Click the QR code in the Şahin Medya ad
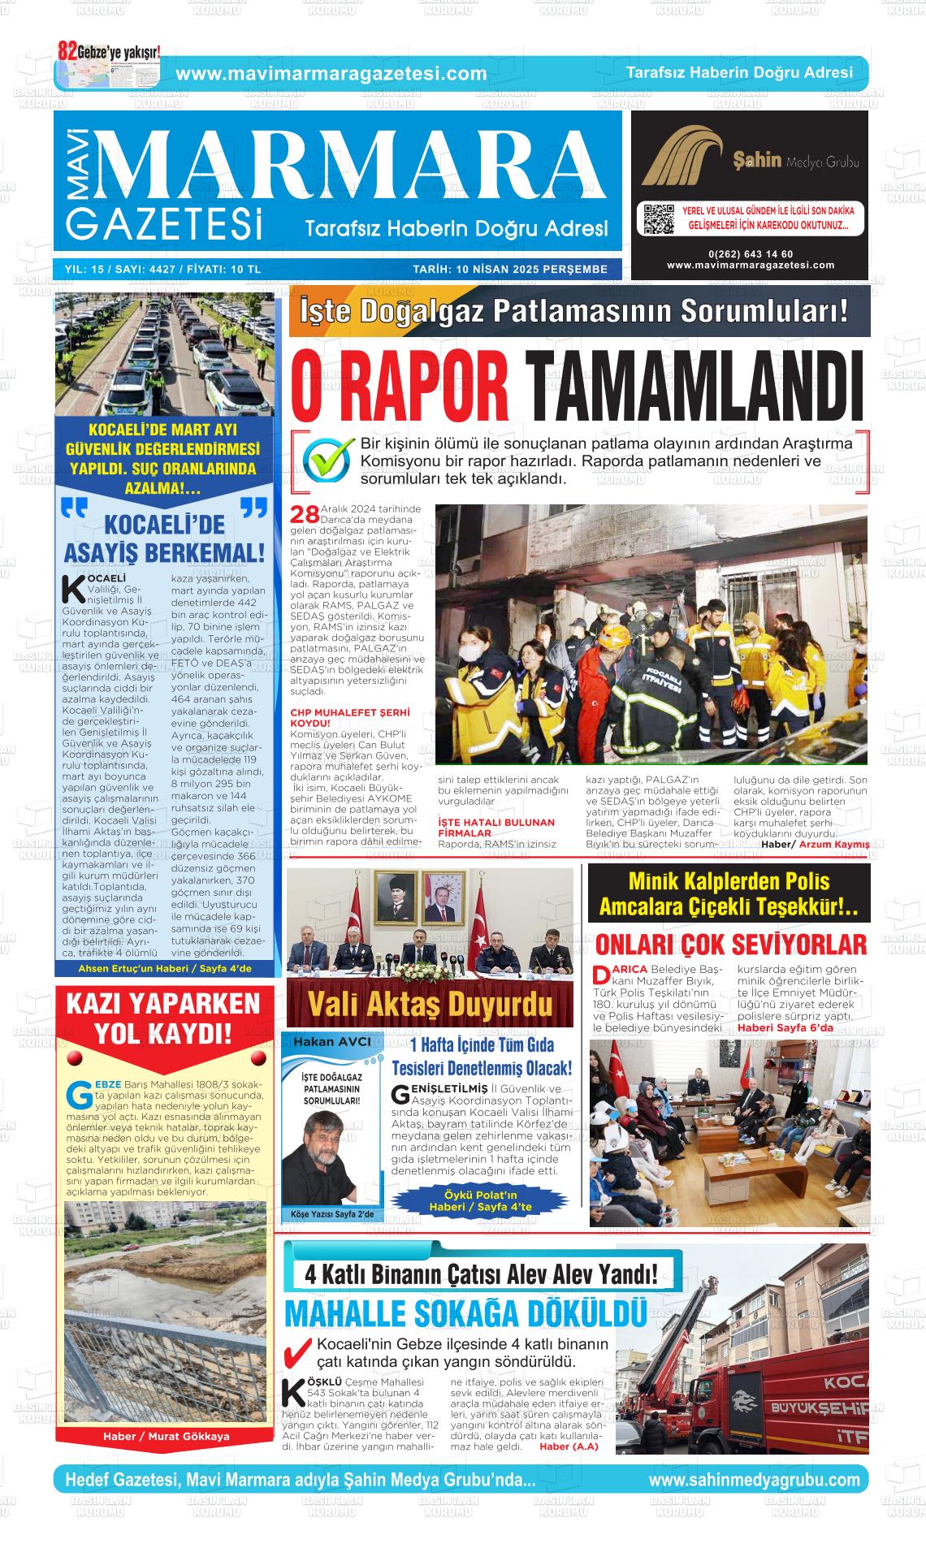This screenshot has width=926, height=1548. point(659,220)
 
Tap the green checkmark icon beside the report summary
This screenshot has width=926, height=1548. point(328,460)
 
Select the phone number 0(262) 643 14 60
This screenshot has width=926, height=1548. point(750,254)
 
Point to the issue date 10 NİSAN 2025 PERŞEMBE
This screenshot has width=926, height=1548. point(509,269)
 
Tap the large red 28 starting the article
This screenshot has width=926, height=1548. point(305,515)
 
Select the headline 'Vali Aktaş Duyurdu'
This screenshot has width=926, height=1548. point(430,1005)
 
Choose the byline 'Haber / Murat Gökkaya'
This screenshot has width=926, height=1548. point(166,1436)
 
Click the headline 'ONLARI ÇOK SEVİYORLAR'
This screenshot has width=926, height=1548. point(730,945)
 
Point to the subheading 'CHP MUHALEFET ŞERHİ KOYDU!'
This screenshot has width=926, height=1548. point(350,716)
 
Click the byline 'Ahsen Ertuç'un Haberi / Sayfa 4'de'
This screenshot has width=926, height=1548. point(165,969)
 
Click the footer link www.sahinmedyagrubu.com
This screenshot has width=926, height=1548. point(753,1480)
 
